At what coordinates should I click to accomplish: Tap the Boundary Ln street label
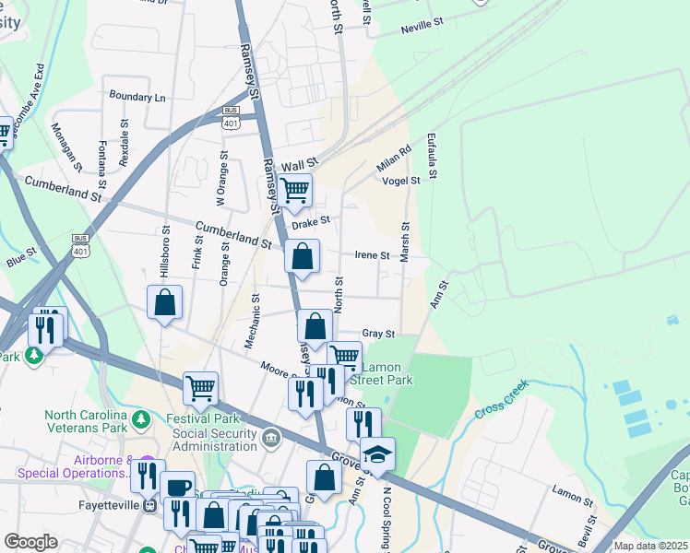click(137, 97)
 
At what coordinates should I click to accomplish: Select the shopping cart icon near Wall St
click(294, 191)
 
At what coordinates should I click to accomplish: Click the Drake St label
click(310, 223)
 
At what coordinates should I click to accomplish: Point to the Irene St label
click(372, 255)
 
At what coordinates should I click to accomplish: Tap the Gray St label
click(378, 334)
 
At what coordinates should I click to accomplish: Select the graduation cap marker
click(376, 453)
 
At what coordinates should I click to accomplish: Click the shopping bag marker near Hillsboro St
click(164, 300)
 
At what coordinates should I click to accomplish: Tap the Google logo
click(30, 542)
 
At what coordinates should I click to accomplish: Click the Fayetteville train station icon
click(149, 506)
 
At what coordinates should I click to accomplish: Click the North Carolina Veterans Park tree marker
click(140, 420)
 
